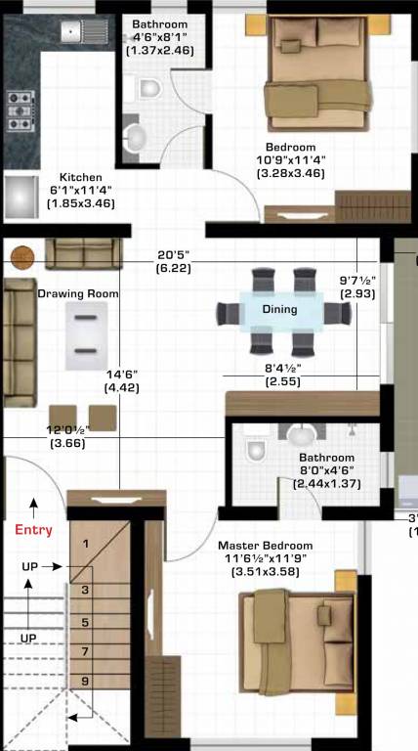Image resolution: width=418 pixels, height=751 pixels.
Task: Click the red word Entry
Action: pyautogui.click(x=34, y=530)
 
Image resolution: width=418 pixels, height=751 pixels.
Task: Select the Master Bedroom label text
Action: pyautogui.click(x=265, y=546)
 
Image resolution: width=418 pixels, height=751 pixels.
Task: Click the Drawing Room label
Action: pyautogui.click(x=78, y=293)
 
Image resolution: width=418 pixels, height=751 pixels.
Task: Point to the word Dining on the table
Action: pyautogui.click(x=279, y=309)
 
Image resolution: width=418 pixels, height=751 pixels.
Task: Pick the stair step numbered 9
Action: pyautogui.click(x=85, y=681)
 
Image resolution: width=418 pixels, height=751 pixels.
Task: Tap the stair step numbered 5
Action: pyautogui.click(x=85, y=622)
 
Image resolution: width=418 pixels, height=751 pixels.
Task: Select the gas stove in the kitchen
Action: pyautogui.click(x=19, y=110)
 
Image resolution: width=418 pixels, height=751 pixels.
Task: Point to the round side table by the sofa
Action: pyautogui.click(x=21, y=257)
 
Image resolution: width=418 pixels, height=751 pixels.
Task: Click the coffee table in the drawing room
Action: pyautogui.click(x=86, y=333)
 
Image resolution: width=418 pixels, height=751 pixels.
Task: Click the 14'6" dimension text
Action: pyautogui.click(x=122, y=375)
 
